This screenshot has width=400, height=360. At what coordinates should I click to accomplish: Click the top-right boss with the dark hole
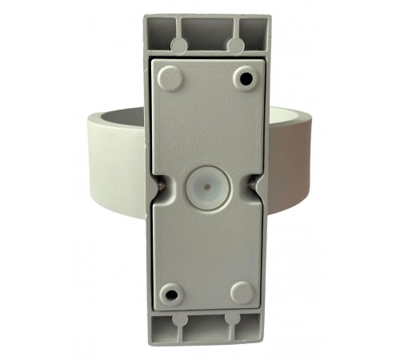click(244, 78)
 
